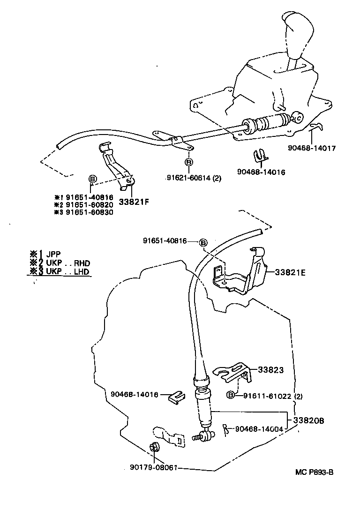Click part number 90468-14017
tap(312, 149)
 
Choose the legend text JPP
tap(54, 255)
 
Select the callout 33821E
tap(290, 271)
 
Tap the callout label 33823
tap(270, 370)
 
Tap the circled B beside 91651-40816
tap(203, 242)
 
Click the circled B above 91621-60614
tap(188, 162)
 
